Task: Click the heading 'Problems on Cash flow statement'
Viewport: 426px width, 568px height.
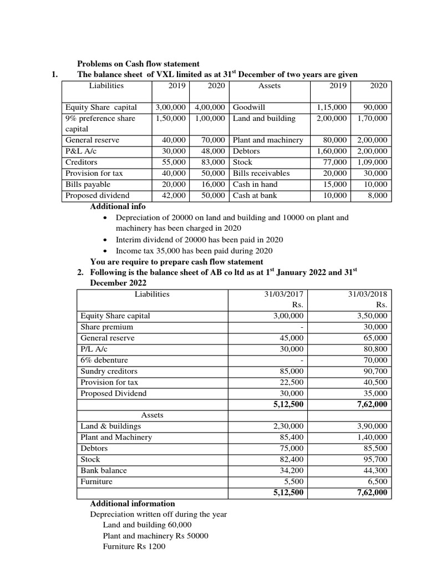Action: click(138, 64)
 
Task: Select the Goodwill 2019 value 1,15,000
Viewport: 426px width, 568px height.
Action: click(332, 107)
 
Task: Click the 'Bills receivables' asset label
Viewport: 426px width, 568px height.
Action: click(261, 173)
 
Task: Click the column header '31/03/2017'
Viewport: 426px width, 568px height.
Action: click(285, 294)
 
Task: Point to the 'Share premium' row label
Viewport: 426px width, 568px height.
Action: click(106, 327)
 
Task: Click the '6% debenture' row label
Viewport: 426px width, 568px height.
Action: click(104, 360)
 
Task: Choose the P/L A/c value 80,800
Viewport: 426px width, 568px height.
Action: click(376, 349)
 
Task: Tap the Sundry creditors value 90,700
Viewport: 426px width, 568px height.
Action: click(376, 371)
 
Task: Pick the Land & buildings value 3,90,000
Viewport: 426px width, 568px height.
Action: click(373, 426)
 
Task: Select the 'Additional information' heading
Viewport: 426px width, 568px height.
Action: click(133, 504)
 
